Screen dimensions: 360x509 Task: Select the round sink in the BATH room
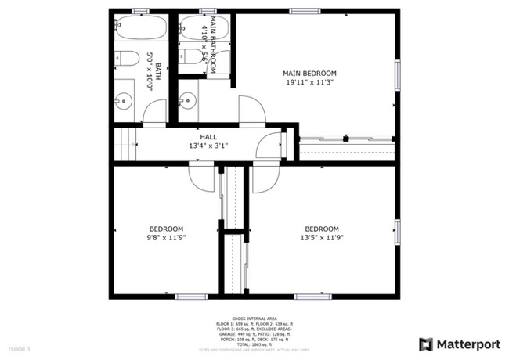click(x=124, y=100)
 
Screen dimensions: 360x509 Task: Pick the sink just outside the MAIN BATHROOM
click(x=186, y=100)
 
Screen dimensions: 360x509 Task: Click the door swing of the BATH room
click(x=154, y=114)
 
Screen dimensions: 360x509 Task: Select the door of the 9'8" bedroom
click(x=201, y=178)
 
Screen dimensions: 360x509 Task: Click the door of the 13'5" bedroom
click(x=263, y=178)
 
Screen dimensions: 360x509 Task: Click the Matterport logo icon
click(x=426, y=344)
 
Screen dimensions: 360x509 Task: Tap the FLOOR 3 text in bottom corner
click(x=20, y=349)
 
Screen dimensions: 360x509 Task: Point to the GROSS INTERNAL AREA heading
click(x=254, y=319)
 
